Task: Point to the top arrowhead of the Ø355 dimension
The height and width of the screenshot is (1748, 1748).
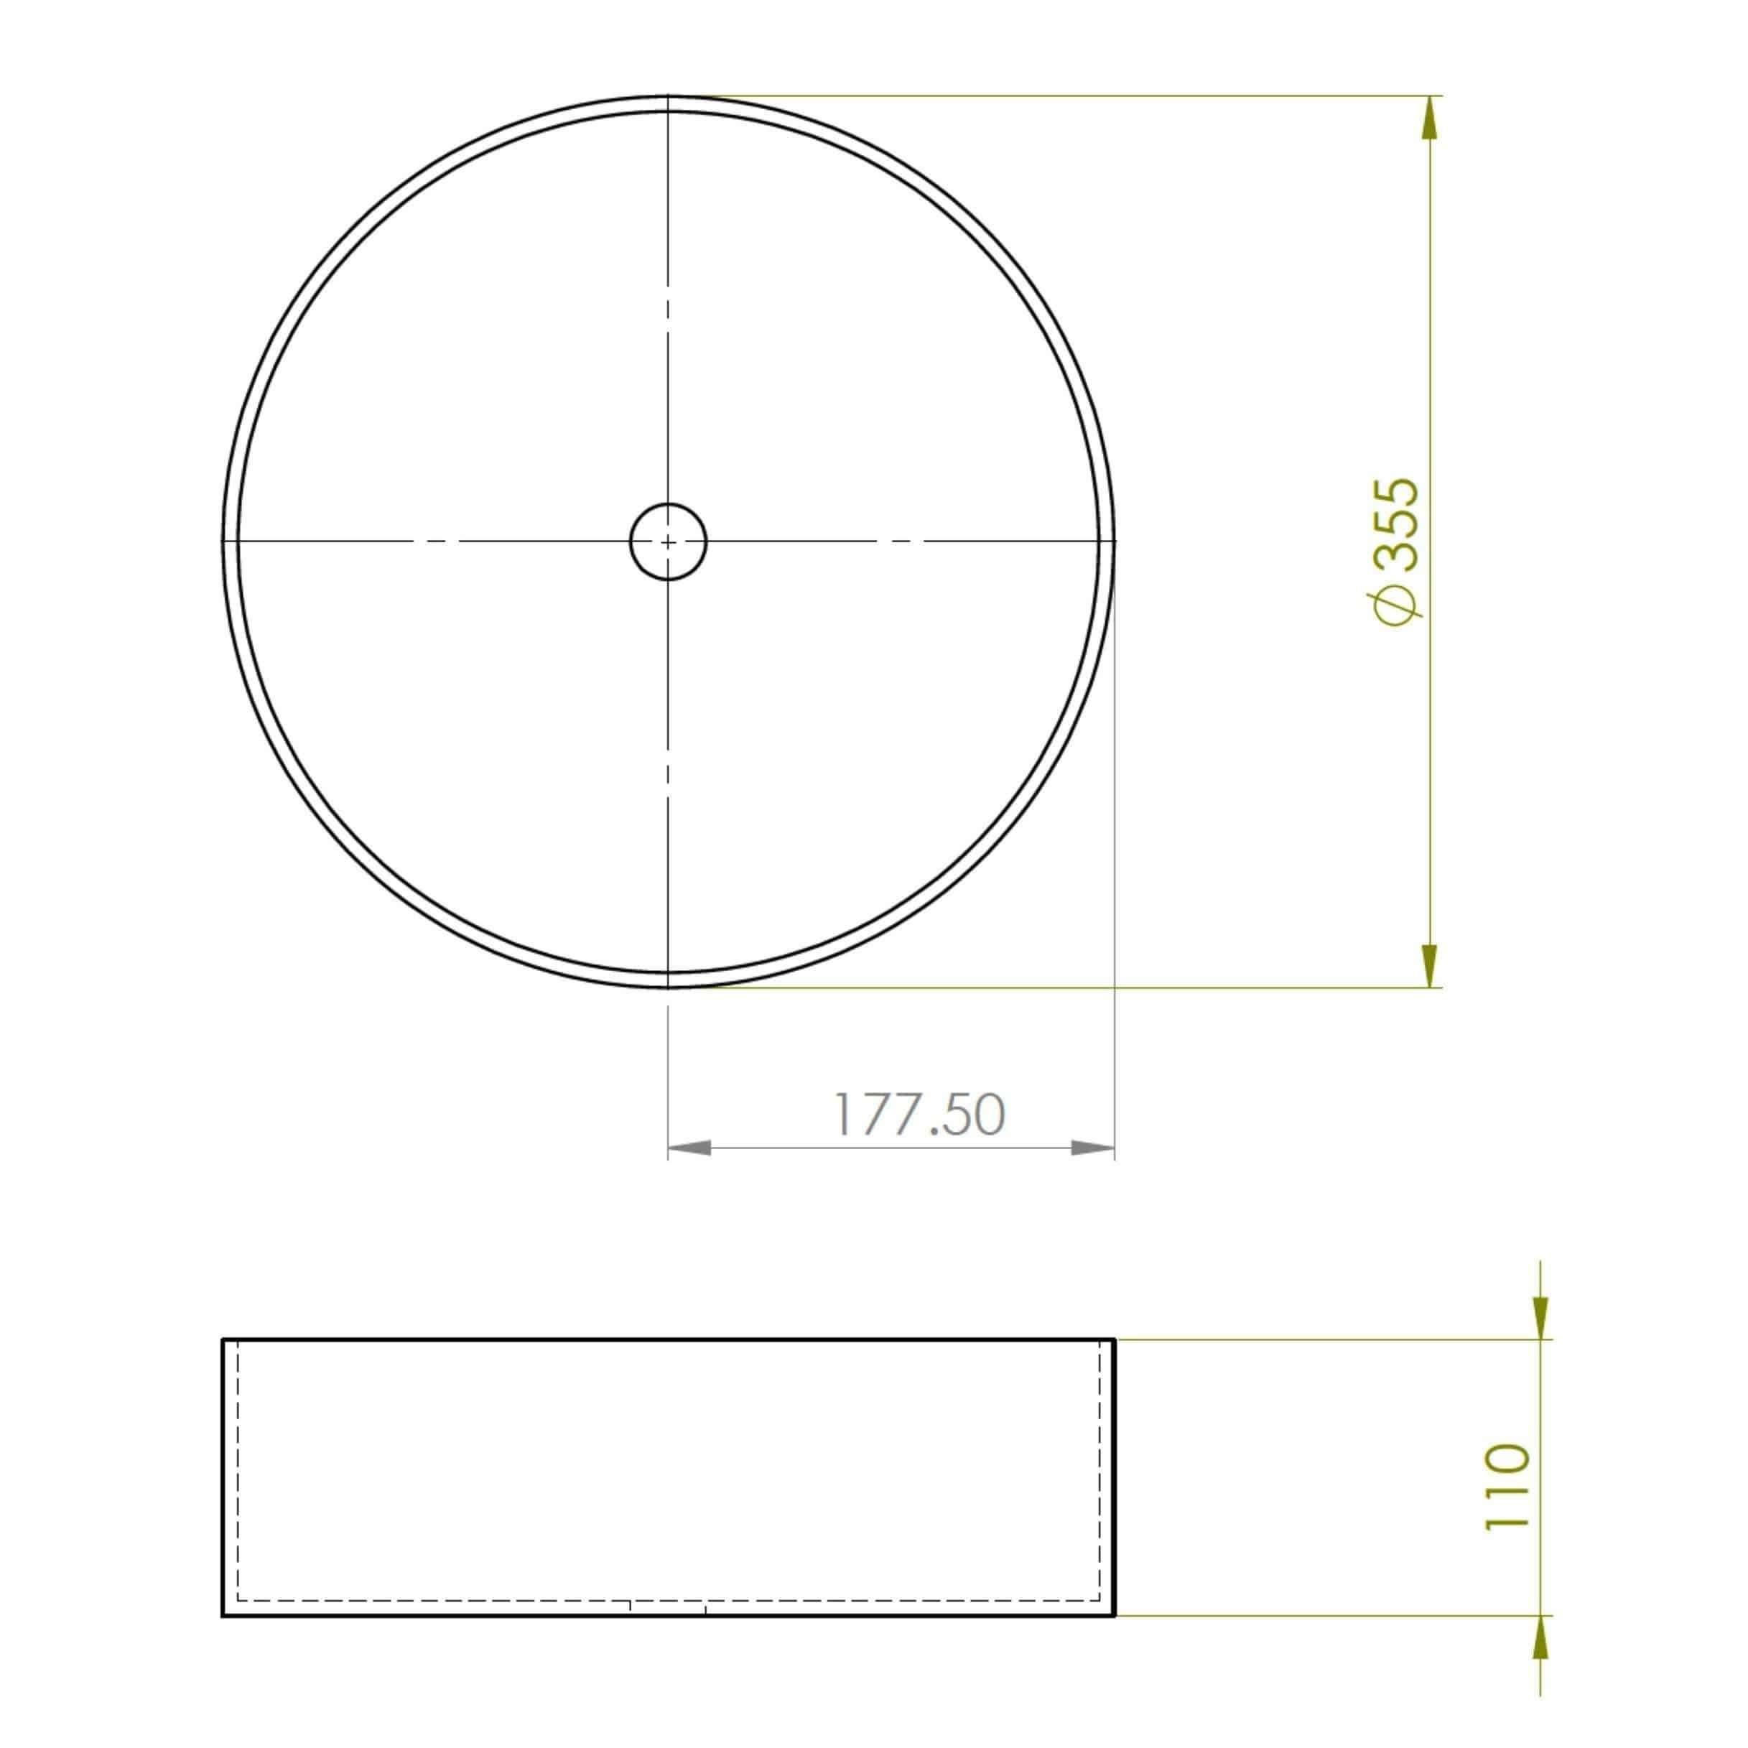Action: pos(1430,118)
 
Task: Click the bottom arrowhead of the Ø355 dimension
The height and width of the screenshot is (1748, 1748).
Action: pos(1430,964)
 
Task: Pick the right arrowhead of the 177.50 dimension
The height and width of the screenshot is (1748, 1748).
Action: pos(1093,1147)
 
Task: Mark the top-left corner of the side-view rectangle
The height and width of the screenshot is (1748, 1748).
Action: pos(223,1339)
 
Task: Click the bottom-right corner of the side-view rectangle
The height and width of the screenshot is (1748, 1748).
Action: pos(1115,1615)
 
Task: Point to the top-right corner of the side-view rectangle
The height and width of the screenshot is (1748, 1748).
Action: pos(1115,1339)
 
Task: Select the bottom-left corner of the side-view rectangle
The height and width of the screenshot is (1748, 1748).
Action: pos(223,1615)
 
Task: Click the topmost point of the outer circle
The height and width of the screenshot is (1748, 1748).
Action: pos(668,95)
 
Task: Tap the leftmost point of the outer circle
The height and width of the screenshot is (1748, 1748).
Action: pos(223,541)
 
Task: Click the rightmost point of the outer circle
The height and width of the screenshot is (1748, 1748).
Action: pos(1115,541)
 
